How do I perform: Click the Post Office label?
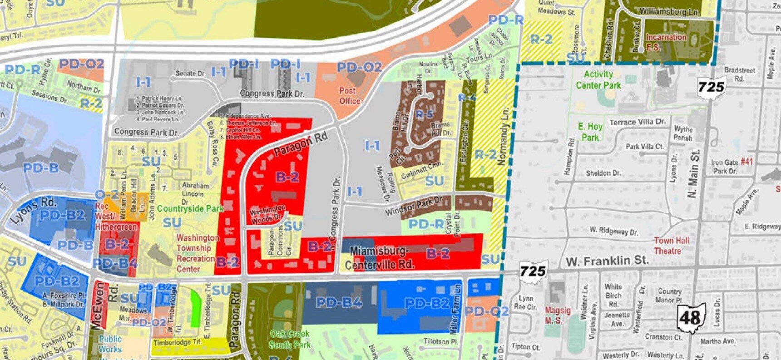click(x=349, y=96)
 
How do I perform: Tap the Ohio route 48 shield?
click(x=690, y=318)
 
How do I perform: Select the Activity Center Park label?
click(x=598, y=80)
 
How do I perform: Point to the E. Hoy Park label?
click(x=590, y=132)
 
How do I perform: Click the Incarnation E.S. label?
click(x=666, y=42)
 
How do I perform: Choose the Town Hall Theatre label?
click(x=671, y=246)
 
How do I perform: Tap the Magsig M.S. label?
click(x=557, y=315)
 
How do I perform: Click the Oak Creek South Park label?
click(x=290, y=339)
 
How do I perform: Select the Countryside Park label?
click(x=190, y=209)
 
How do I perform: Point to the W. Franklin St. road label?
click(x=607, y=261)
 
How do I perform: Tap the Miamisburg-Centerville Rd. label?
click(x=380, y=258)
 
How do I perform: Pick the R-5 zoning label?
click(x=424, y=114)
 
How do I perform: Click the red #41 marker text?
click(x=746, y=161)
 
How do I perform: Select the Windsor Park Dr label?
click(x=413, y=206)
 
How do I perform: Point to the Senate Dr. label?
click(x=190, y=73)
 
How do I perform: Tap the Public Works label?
click(x=110, y=344)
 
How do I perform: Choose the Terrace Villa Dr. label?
click(x=637, y=122)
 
